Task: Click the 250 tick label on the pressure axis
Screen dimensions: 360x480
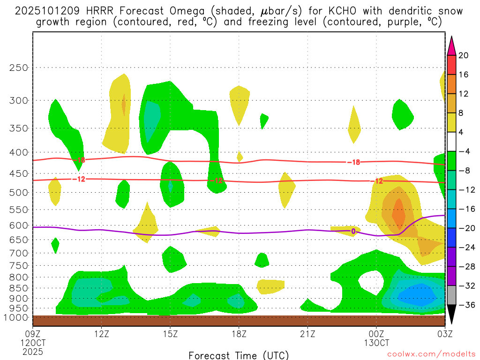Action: pos(19,67)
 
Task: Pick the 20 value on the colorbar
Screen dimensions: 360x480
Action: pos(464,55)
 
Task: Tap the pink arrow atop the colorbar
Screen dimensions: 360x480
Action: pos(451,45)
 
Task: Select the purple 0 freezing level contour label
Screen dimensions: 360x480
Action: pos(353,231)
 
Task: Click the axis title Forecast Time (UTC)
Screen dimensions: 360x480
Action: pos(239,355)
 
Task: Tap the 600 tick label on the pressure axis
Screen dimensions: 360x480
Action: pos(19,225)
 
